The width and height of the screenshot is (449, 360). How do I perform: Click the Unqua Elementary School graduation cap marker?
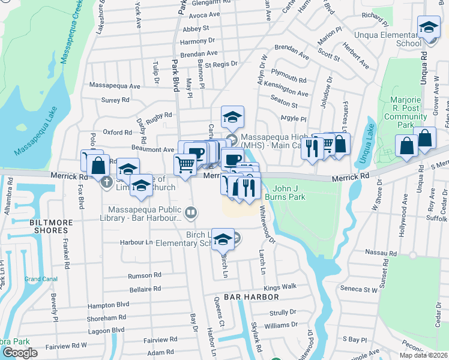(429, 28)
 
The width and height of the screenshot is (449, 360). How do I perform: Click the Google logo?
(20, 353)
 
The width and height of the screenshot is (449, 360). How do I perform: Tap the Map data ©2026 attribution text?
(424, 355)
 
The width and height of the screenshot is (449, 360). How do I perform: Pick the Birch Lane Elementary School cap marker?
(223, 240)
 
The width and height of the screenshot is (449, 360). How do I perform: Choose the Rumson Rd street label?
(145, 275)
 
